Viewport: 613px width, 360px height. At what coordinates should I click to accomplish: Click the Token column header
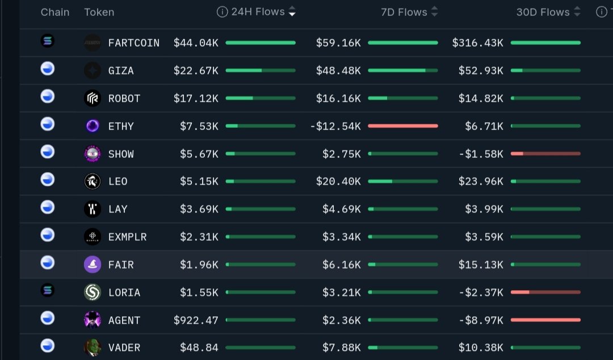(99, 12)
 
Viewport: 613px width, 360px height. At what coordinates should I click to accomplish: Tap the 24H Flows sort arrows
(292, 11)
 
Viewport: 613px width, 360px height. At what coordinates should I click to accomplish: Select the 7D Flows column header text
(404, 11)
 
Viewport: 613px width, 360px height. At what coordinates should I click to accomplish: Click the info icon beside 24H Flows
(222, 12)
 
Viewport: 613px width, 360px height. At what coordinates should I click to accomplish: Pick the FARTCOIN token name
(134, 43)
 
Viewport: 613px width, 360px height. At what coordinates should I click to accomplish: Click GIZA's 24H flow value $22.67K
(196, 70)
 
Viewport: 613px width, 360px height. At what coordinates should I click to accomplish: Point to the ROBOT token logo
(92, 98)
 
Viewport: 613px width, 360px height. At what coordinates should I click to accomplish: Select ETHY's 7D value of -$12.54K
(335, 126)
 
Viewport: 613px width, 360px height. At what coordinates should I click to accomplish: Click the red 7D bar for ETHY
(402, 125)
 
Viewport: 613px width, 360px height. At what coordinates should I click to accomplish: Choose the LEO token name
(118, 181)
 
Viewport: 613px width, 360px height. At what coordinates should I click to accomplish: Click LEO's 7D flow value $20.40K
(338, 181)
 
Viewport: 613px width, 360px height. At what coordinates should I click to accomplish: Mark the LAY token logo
(92, 209)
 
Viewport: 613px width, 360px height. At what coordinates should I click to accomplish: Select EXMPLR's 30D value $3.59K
(484, 237)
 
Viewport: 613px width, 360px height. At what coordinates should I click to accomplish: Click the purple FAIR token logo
(92, 265)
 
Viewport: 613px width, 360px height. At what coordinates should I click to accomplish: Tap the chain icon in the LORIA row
(48, 291)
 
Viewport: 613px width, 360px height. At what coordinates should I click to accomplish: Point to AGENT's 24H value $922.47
(196, 320)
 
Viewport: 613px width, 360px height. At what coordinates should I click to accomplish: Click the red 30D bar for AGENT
(545, 320)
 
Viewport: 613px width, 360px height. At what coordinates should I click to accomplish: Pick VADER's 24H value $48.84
(199, 348)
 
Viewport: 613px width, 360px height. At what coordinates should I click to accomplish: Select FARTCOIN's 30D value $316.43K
(477, 43)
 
